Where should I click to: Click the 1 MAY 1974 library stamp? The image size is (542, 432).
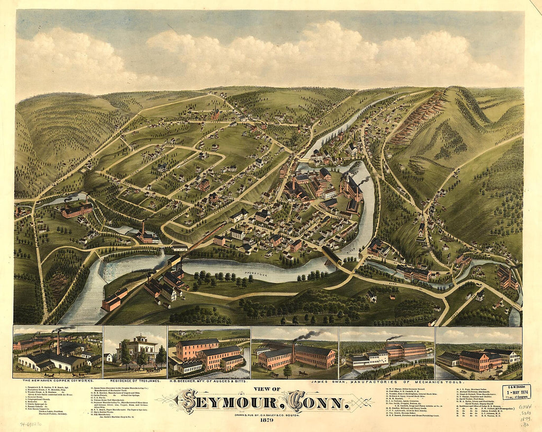pyautogui.click(x=516, y=392)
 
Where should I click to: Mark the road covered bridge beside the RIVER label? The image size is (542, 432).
pyautogui.click(x=332, y=255)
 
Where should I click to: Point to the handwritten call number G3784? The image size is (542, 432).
pyautogui.click(x=525, y=407)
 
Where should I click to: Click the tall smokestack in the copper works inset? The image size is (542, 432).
pyautogui.click(x=58, y=341)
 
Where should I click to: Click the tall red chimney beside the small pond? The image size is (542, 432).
pyautogui.click(x=143, y=229)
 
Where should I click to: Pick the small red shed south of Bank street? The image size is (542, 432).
pyautogui.click(x=393, y=297)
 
